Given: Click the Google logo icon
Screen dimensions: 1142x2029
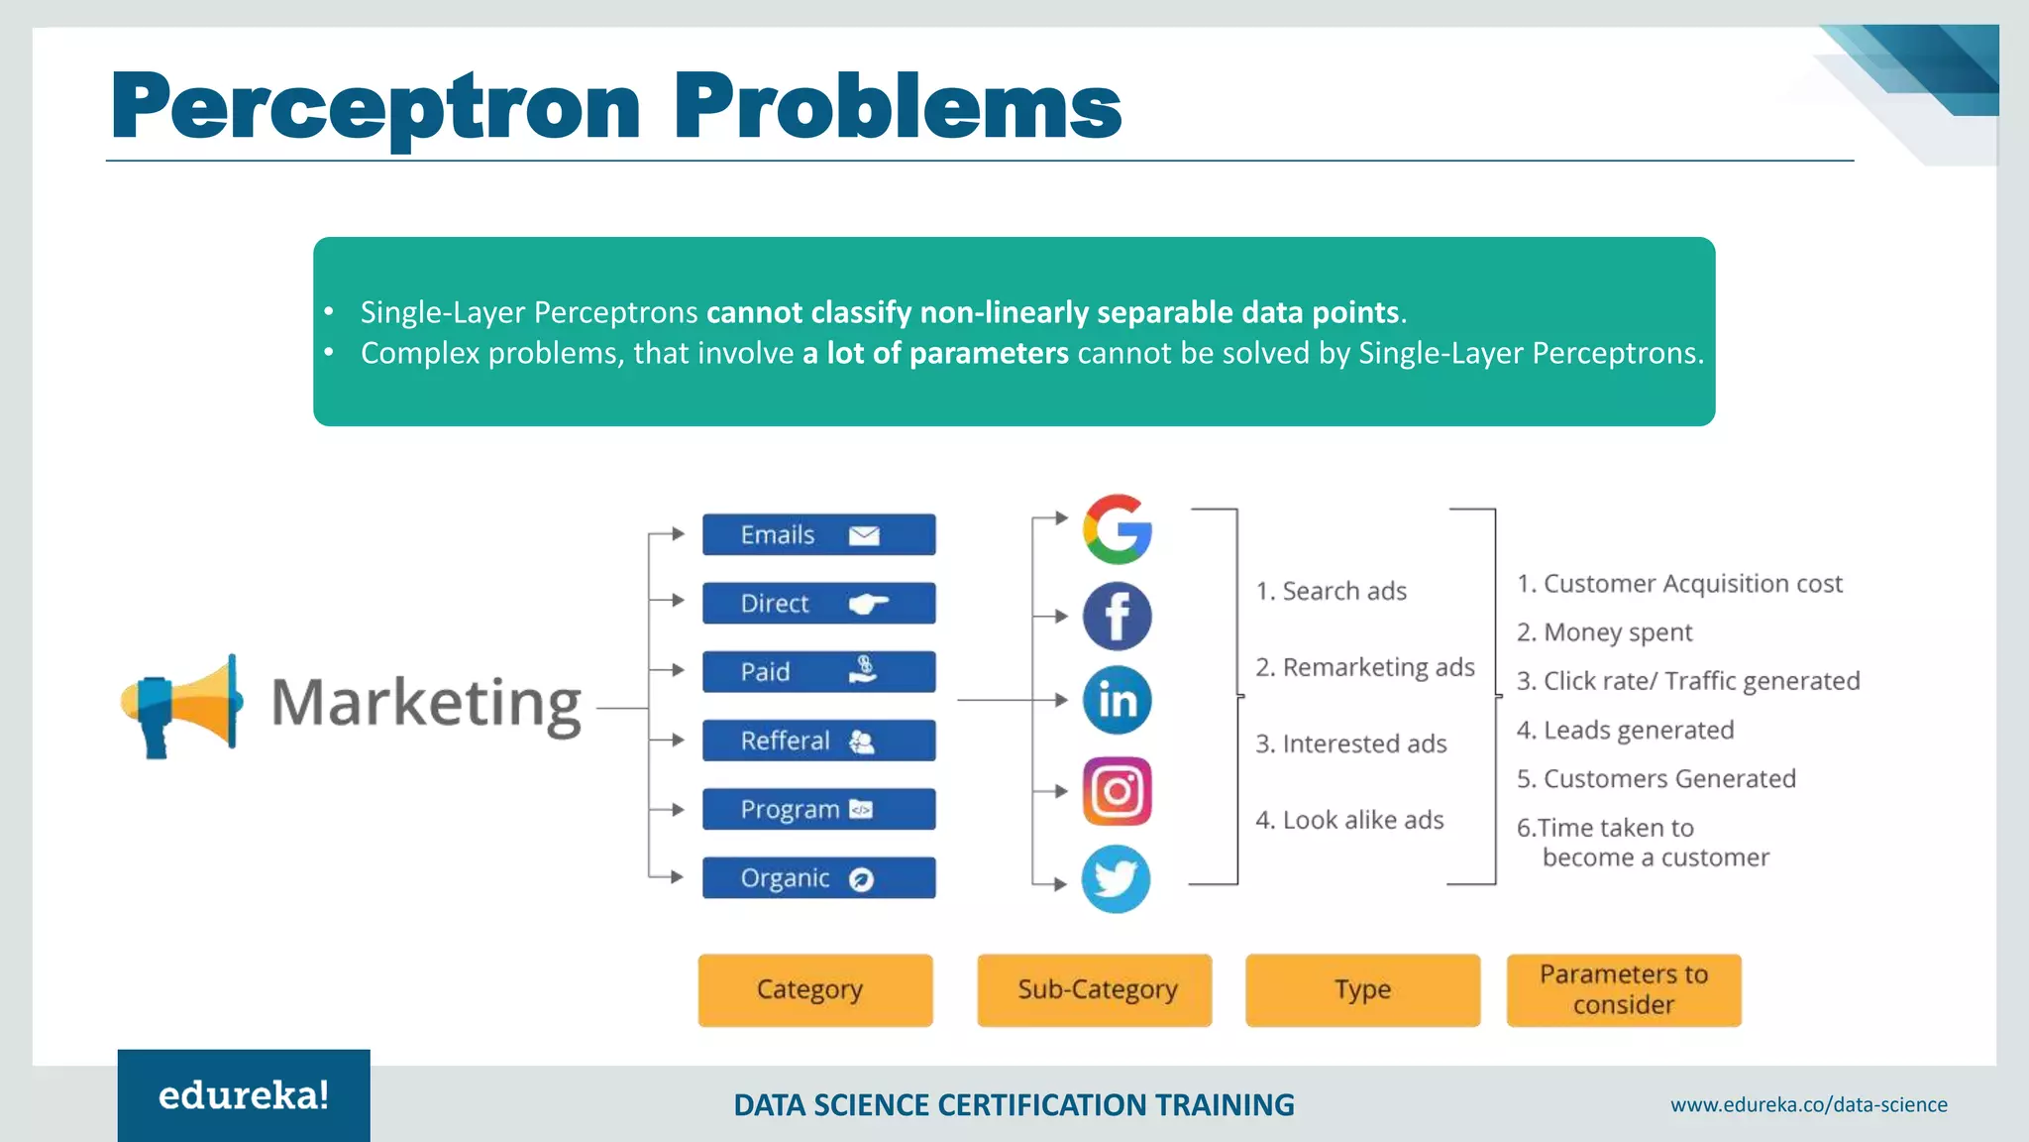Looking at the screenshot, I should pos(1117,529).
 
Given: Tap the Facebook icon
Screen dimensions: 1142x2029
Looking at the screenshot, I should pos(1117,616).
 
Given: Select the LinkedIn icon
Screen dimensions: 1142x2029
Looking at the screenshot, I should pos(1117,700).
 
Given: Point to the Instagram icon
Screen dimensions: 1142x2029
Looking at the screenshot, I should pos(1117,791).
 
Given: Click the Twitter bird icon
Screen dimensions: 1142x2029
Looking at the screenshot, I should pos(1116,878).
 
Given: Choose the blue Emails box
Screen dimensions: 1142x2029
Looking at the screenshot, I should pos(818,535).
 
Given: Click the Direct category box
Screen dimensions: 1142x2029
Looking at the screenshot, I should pos(818,604).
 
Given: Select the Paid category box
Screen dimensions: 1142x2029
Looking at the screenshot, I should pos(818,672).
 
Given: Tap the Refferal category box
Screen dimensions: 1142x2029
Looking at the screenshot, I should pos(818,741).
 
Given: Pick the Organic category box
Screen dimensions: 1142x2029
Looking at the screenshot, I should pos(818,878).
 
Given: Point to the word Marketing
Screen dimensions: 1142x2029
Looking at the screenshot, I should pos(426,704).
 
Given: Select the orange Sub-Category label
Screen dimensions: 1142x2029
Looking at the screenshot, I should pos(1095,990).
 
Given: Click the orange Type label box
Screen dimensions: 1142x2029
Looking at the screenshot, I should pos(1362,990).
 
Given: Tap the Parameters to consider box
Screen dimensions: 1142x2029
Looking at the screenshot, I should pos(1623,990).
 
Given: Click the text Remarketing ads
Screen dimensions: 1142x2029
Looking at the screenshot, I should pos(1365,668).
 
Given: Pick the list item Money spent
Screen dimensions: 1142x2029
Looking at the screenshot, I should pos(1605,632).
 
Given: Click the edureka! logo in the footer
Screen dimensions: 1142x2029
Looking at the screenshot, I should pos(244,1095).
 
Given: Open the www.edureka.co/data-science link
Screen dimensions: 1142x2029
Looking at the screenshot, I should pos(1808,1104).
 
